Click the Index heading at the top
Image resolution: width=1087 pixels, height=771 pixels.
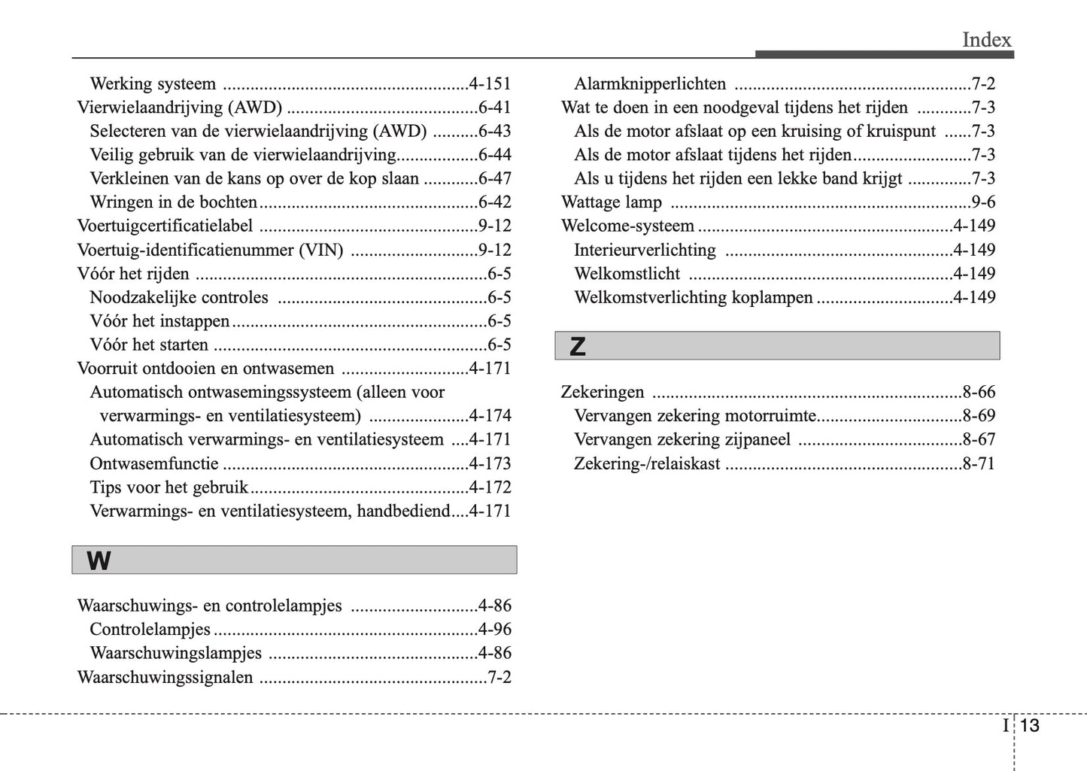[986, 40]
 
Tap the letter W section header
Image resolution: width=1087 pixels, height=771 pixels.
[99, 560]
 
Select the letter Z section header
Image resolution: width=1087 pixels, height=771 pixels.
[577, 347]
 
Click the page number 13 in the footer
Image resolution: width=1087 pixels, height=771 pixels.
[1030, 725]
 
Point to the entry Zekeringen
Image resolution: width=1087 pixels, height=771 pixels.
[603, 392]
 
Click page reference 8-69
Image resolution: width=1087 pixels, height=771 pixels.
[979, 415]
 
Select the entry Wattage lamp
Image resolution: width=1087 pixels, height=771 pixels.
[612, 202]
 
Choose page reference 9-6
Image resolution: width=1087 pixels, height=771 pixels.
[983, 202]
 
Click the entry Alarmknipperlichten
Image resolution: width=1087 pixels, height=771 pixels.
[650, 83]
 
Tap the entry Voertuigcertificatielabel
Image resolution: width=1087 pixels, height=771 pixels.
[165, 226]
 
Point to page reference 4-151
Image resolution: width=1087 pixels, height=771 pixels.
[490, 83]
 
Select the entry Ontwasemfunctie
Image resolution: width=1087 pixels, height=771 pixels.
[154, 463]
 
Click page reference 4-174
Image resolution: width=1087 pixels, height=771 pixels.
[490, 416]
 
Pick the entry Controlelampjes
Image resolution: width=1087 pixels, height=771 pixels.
[150, 630]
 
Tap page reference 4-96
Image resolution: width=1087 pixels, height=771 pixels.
[494, 630]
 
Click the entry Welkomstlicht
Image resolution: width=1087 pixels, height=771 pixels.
[627, 274]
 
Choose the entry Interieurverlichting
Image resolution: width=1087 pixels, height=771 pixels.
[645, 250]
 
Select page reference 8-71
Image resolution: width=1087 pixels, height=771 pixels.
[979, 463]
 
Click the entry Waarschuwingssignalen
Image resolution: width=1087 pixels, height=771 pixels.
[165, 677]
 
